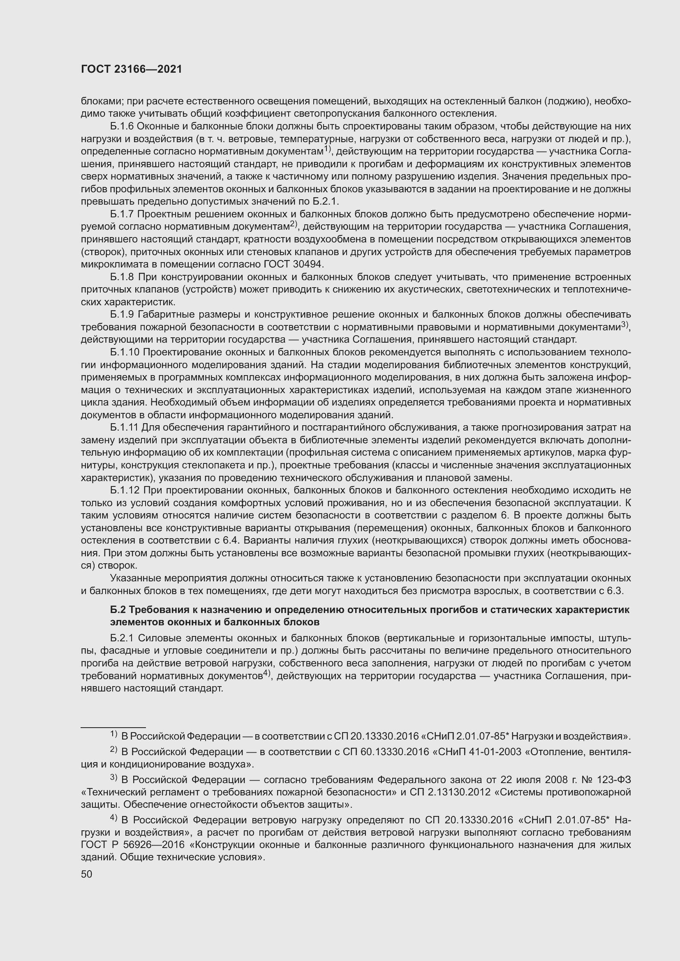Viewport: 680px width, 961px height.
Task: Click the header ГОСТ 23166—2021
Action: tap(132, 69)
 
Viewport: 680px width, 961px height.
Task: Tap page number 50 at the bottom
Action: tap(86, 874)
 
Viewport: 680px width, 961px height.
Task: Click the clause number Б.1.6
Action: tap(122, 126)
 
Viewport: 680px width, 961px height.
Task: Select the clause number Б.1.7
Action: tap(122, 214)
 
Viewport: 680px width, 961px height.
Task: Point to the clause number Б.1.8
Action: tap(122, 277)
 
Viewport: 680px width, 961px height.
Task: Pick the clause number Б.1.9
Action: tap(122, 314)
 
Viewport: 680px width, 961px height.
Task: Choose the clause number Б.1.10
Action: tap(124, 352)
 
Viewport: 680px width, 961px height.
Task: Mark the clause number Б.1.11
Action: tap(124, 427)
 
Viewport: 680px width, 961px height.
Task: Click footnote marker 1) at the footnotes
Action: tap(114, 734)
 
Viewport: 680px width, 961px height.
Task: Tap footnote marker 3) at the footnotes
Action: tap(114, 778)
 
